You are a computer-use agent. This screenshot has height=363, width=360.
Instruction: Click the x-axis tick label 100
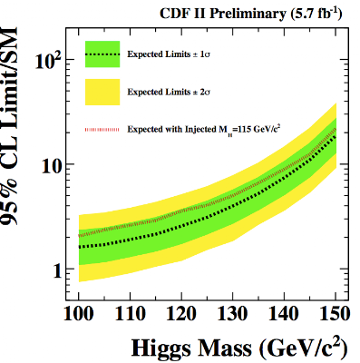pyautogui.click(x=79, y=314)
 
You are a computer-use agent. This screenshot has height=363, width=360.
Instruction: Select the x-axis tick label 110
pyautogui.click(x=130, y=314)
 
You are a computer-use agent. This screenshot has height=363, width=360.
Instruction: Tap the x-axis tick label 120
pyautogui.click(x=181, y=314)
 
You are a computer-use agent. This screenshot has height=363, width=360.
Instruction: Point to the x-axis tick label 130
pyautogui.click(x=233, y=314)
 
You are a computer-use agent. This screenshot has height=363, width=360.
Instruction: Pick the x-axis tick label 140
pyautogui.click(x=284, y=314)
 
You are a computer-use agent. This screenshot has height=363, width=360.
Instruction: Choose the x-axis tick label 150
pyautogui.click(x=336, y=314)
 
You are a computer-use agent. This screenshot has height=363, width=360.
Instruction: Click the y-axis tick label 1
pyautogui.click(x=57, y=270)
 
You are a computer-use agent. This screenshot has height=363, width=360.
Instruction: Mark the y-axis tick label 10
pyautogui.click(x=52, y=165)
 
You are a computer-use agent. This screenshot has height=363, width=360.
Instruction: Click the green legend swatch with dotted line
pyautogui.click(x=102, y=54)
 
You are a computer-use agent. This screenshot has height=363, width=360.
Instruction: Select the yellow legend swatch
pyautogui.click(x=102, y=92)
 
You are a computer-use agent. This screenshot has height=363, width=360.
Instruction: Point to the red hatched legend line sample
pyautogui.click(x=102, y=130)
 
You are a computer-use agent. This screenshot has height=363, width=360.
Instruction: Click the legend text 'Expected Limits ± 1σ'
pyautogui.click(x=169, y=54)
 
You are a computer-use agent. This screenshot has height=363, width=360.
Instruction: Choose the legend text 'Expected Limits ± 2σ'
pyautogui.click(x=169, y=92)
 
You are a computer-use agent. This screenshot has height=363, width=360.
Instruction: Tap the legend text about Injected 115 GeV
pyautogui.click(x=205, y=129)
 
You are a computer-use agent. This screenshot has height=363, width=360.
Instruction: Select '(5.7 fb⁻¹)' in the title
pyautogui.click(x=316, y=14)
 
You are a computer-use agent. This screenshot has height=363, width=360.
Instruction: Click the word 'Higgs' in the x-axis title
pyautogui.click(x=158, y=348)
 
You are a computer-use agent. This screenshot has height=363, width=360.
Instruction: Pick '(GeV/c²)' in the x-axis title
pyautogui.click(x=304, y=348)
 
